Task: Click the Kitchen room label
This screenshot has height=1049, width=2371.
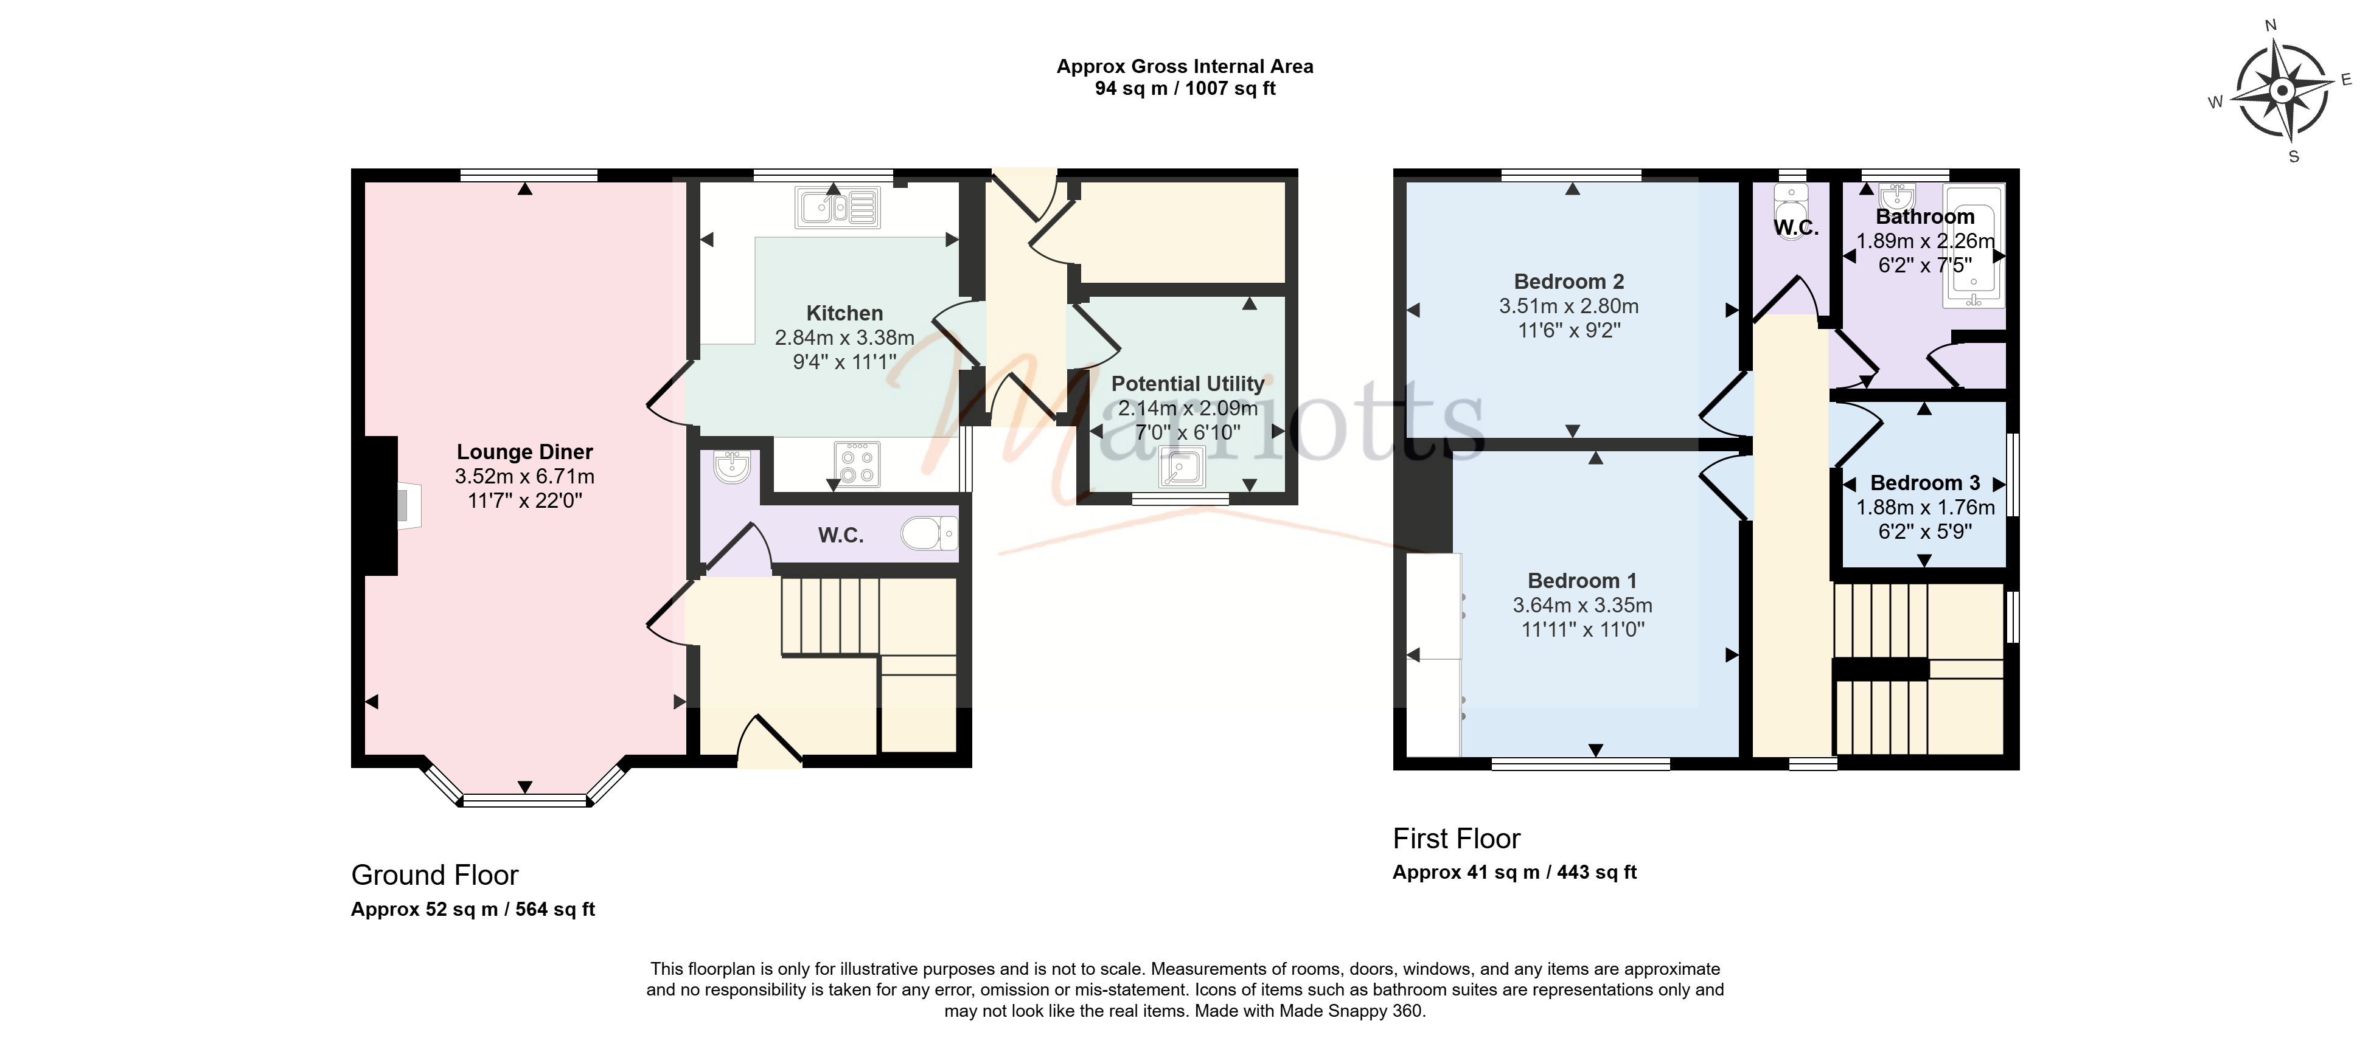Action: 844,314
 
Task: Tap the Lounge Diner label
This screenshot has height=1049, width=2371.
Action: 524,452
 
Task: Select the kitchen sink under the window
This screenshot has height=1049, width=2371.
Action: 837,207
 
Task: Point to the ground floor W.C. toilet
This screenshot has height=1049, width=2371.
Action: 930,533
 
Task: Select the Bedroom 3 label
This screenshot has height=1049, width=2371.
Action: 1924,483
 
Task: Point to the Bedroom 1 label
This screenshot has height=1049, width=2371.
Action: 1582,581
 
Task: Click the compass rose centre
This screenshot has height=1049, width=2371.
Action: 2282,91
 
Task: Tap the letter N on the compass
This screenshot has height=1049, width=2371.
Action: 2271,26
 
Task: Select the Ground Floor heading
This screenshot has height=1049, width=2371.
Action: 434,875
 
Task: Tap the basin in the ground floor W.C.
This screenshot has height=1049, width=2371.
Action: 733,468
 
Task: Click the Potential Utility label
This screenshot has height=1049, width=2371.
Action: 1188,384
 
